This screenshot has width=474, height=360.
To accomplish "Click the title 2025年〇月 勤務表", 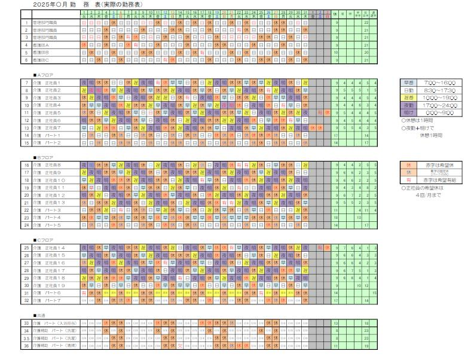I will tap(84, 4).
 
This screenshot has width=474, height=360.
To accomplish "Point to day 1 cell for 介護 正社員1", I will tap(84, 83).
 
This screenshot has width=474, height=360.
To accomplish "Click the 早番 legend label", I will tap(411, 83).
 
